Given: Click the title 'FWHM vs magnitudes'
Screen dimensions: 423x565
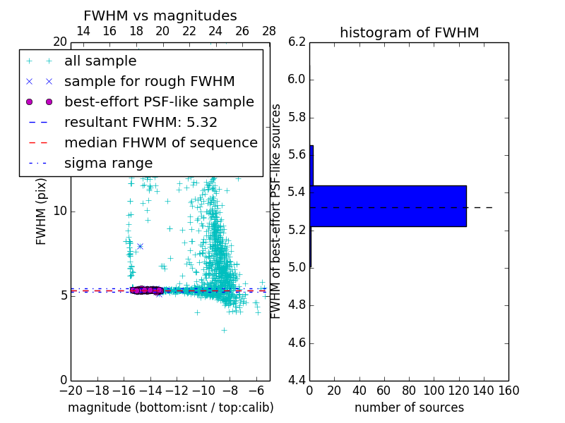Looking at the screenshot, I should coord(160,16).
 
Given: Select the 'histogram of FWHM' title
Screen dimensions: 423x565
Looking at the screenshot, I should coord(409,32).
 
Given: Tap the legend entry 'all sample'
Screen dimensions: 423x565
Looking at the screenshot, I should coord(100,61).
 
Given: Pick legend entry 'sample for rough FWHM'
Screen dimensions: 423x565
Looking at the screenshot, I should coord(149,81).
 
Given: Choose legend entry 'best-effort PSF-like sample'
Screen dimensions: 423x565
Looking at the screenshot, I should coord(159,102).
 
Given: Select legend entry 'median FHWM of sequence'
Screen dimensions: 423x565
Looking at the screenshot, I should coord(160,142).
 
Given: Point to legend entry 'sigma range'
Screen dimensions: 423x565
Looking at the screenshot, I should coord(108,163).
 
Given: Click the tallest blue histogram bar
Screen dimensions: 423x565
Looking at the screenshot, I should coord(388,206).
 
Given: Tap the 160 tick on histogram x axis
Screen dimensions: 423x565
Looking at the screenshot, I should coord(508,390).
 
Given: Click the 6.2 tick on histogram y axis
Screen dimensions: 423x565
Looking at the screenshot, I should coord(297,42).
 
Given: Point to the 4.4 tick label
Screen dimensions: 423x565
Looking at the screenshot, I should coord(297,381).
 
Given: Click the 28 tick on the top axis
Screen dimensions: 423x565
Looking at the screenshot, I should coord(269,31).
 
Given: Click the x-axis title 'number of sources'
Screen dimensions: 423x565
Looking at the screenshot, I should coord(409,407).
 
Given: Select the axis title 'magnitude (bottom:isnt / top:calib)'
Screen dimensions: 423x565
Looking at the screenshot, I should coord(170,407).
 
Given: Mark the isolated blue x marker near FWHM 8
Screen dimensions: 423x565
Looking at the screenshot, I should coord(140,246).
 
